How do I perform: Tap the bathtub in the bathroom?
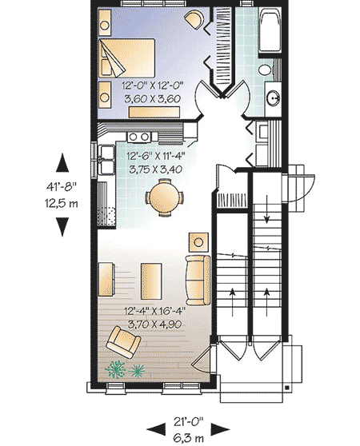pyautogui.click(x=270, y=32)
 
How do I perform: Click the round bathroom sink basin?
pyautogui.click(x=273, y=100)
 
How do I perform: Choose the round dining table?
pyautogui.click(x=163, y=194)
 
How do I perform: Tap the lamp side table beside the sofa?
pyautogui.click(x=196, y=241)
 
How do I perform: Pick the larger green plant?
pyautogui.click(x=117, y=369)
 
